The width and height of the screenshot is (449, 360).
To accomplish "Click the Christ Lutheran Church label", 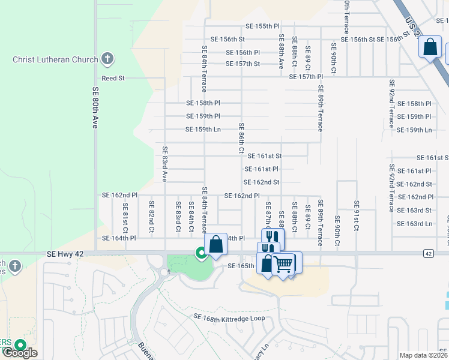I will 55,59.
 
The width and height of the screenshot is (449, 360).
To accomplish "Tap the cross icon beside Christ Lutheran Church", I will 107,59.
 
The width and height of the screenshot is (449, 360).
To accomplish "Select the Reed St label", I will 113,78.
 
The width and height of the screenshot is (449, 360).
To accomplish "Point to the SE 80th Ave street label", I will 95,108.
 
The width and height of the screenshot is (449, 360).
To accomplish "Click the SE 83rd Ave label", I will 164,163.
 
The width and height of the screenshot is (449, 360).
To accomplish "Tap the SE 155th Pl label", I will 263,26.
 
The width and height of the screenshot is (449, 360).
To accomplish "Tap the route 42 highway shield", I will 427,254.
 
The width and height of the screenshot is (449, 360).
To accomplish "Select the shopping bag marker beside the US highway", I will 430,47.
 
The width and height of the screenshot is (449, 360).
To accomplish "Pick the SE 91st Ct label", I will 356,216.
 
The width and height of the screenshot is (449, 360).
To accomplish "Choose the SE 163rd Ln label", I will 415,224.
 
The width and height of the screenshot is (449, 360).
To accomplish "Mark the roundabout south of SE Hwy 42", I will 164,272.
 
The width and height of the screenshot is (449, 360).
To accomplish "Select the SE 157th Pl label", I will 306,77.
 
